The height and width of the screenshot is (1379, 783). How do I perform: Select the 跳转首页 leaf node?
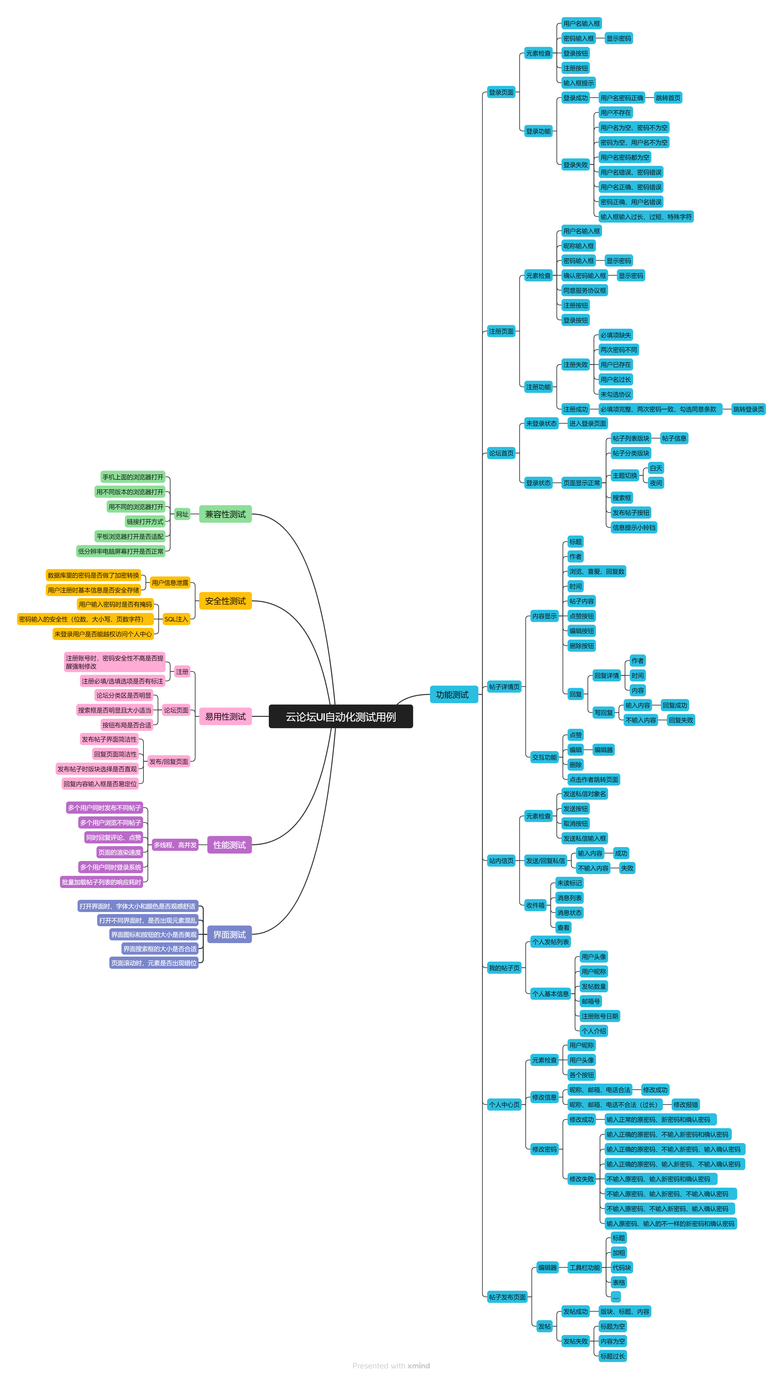668,98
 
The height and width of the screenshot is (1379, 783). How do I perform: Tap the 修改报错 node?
686,1105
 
